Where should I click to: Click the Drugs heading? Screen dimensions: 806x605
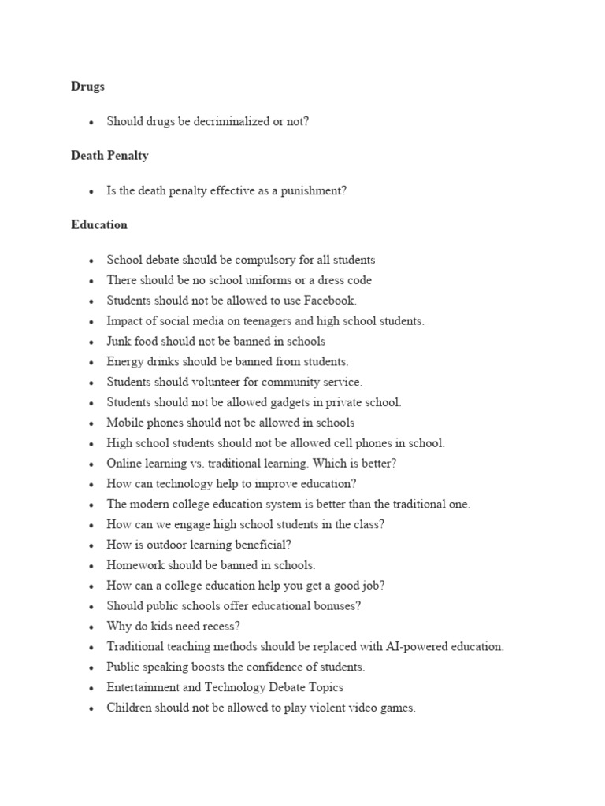[x=87, y=87]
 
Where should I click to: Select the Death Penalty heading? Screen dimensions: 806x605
[x=109, y=155]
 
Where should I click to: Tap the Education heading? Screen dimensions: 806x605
[x=99, y=224]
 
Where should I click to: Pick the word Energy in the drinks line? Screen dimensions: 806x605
[x=124, y=361]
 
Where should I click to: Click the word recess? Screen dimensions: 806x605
[x=223, y=626]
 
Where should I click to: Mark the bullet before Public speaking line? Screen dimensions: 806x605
[x=91, y=667]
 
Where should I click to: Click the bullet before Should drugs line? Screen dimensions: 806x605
[x=91, y=123]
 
